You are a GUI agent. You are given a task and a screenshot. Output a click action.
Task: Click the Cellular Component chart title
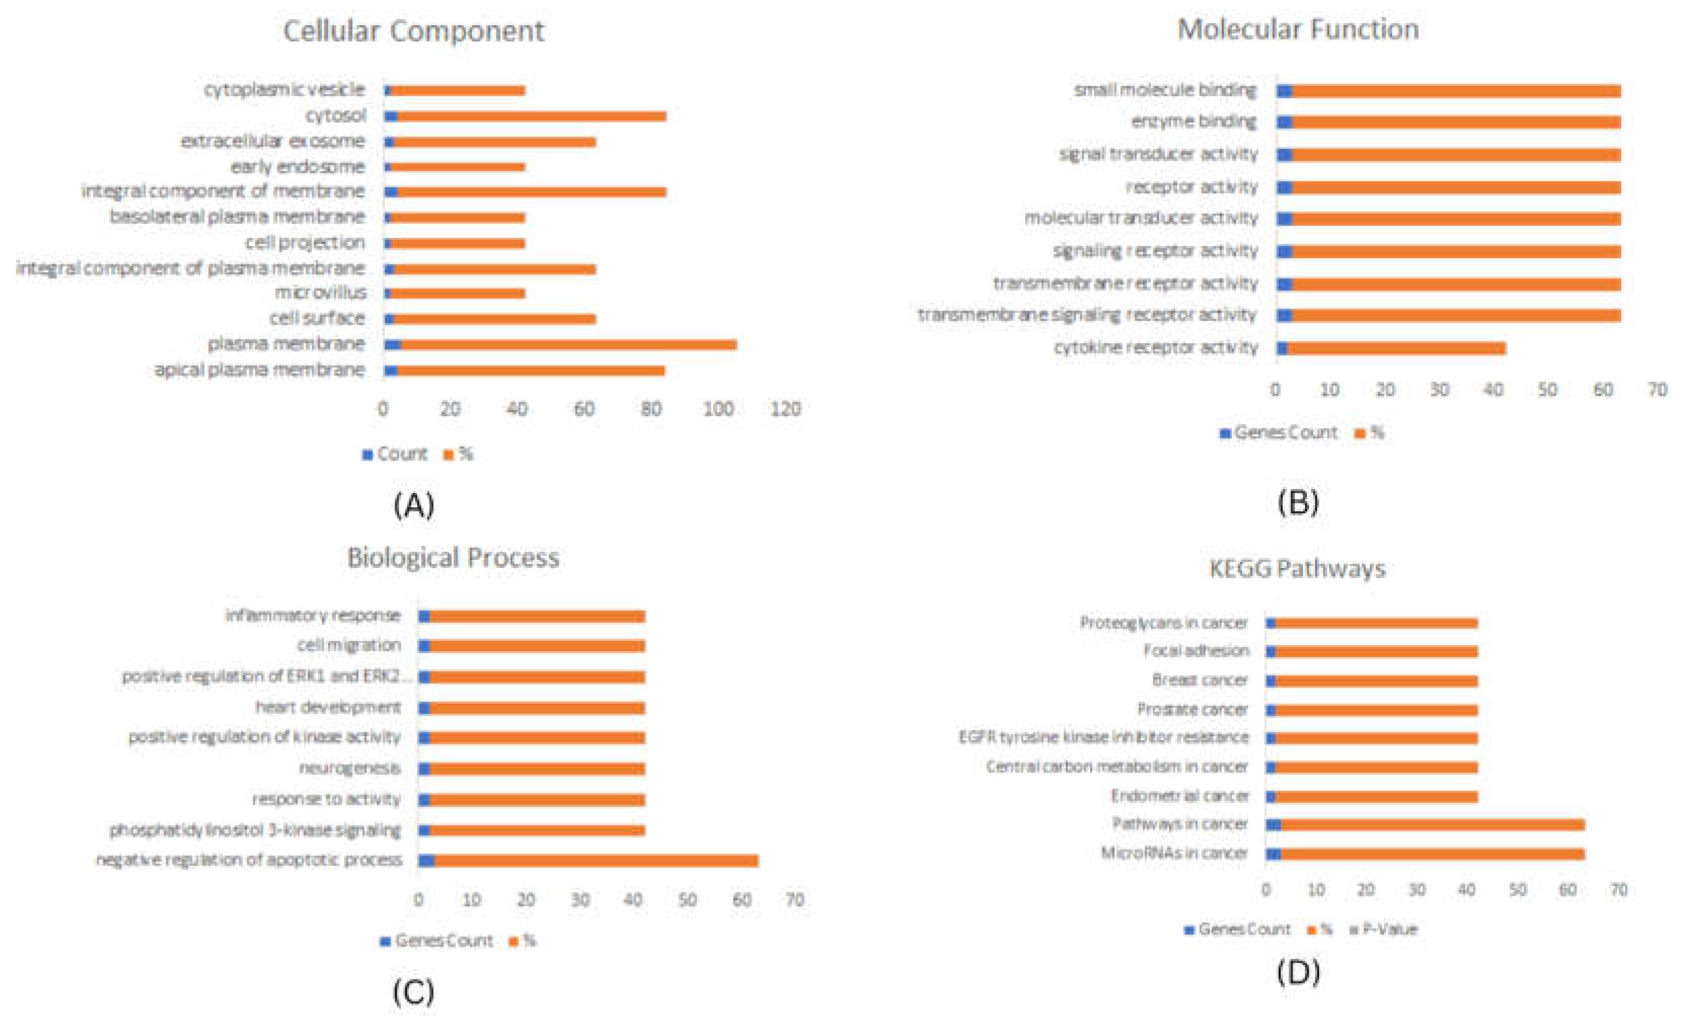pyautogui.click(x=414, y=31)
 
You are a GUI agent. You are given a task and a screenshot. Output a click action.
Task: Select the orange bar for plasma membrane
pyautogui.click(x=567, y=345)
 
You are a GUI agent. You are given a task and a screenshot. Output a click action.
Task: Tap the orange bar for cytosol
pyautogui.click(x=530, y=116)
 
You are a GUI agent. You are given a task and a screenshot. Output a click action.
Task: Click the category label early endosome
pyautogui.click(x=297, y=167)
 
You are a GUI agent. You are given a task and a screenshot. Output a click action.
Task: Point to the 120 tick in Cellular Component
pyautogui.click(x=785, y=409)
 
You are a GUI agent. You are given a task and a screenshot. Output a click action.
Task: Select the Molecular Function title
pyautogui.click(x=1297, y=29)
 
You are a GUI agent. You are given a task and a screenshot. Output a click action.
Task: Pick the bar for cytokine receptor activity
pyautogui.click(x=1395, y=349)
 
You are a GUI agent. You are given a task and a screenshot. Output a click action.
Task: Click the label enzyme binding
pyautogui.click(x=1193, y=122)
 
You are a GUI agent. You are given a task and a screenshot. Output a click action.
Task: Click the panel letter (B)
pyautogui.click(x=1297, y=503)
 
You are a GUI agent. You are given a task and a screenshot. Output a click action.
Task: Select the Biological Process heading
pyautogui.click(x=453, y=558)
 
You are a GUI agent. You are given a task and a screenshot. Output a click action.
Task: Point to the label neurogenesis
pyautogui.click(x=350, y=769)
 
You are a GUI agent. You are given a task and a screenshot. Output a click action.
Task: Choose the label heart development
pyautogui.click(x=328, y=707)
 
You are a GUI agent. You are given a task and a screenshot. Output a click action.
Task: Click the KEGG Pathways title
pyautogui.click(x=1297, y=569)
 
